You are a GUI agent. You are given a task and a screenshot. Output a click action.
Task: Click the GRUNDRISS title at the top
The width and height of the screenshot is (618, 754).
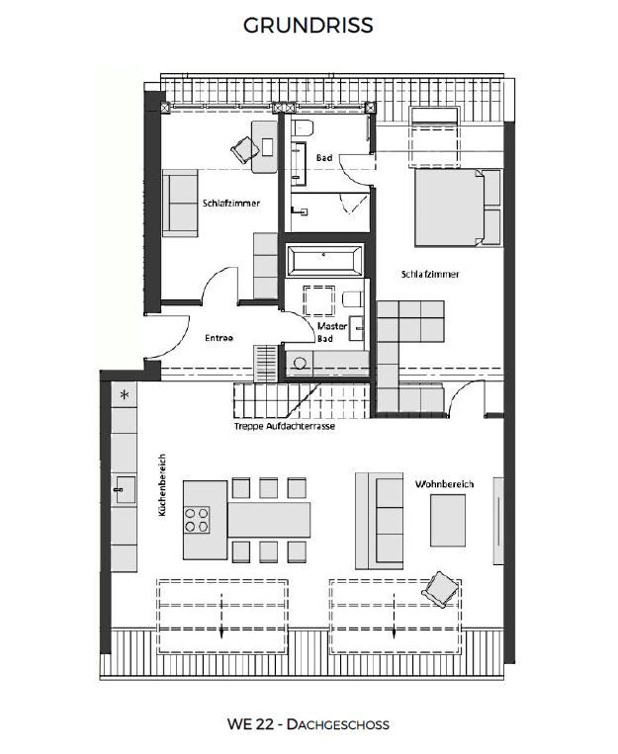click(309, 26)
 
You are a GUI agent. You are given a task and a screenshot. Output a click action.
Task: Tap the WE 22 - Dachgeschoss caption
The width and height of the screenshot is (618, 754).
click(309, 724)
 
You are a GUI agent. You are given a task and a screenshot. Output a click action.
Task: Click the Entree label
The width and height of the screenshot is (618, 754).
click(219, 338)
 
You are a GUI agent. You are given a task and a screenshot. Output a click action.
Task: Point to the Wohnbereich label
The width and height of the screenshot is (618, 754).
click(444, 484)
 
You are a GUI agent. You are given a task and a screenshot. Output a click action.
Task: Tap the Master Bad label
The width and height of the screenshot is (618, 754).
click(331, 331)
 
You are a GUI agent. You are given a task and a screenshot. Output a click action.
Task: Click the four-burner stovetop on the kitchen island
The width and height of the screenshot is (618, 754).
click(198, 519)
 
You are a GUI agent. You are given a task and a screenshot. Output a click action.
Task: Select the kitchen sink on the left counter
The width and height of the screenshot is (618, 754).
click(124, 487)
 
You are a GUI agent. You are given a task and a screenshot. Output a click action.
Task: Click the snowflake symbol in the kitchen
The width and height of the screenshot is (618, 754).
click(125, 395)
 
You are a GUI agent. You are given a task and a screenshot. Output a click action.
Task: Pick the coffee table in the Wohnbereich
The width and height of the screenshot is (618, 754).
click(447, 520)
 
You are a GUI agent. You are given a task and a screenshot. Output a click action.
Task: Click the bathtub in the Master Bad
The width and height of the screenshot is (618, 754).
click(324, 262)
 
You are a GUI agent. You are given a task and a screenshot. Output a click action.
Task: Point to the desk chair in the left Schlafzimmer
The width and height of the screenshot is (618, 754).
click(244, 148)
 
